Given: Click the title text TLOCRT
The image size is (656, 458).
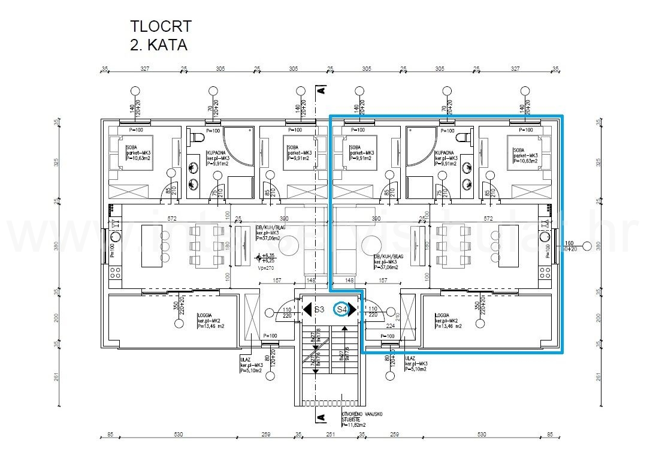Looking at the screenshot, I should pos(161,26).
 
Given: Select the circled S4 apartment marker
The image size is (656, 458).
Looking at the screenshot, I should pos(342,309).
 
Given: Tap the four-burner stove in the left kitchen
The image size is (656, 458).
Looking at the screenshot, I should pos(114,275).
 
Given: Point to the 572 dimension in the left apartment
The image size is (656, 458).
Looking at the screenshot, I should pos(172,219).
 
